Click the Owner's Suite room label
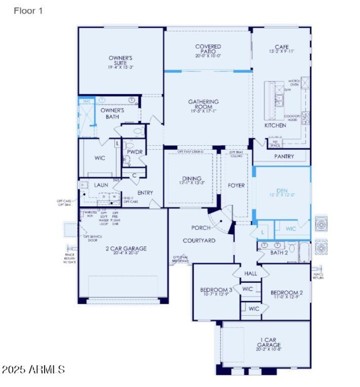coord(120,60)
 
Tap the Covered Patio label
coord(208,49)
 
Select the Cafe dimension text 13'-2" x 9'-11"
coord(282,52)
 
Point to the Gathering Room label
coord(203,105)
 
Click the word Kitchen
coord(275,125)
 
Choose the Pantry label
coord(284,156)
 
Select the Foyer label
coord(236,185)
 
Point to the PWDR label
coord(135,152)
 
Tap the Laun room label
coord(101,185)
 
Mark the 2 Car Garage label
coord(124,248)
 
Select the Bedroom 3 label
coord(216,290)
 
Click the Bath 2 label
coord(279,253)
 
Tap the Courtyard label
coord(199,240)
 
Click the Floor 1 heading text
coord(28,11)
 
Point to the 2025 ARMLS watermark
coord(33,369)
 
